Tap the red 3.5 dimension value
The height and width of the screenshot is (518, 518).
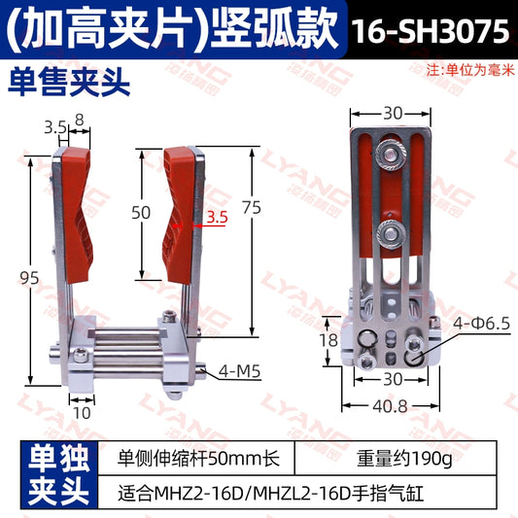[x=216, y=220]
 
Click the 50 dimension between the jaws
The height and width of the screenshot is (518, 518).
[x=142, y=213]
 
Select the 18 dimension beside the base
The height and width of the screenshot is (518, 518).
[x=329, y=340]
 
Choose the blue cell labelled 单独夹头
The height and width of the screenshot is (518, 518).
[x=54, y=474]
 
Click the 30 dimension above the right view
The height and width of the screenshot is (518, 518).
[x=392, y=114]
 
